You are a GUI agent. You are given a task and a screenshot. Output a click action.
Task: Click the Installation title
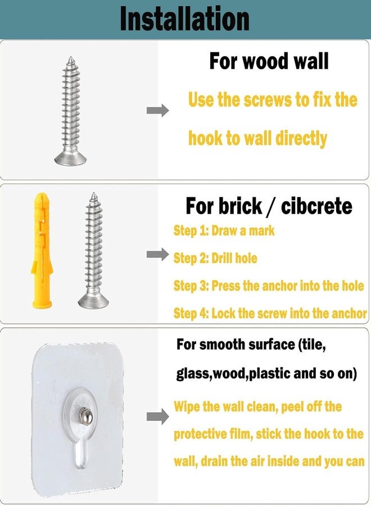(184, 19)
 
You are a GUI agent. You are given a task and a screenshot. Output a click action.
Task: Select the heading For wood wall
(269, 61)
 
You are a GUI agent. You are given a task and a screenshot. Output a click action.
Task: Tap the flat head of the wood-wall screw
(71, 159)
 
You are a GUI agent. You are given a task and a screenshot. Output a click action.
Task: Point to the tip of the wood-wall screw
(71, 58)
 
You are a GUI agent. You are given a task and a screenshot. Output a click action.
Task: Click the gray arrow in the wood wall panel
(158, 110)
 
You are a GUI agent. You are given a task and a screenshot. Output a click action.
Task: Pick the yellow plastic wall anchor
(42, 250)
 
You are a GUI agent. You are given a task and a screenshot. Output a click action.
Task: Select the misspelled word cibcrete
(316, 206)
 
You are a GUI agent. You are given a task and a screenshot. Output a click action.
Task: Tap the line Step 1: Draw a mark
(224, 231)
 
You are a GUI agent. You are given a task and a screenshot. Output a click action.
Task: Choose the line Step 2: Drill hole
(215, 258)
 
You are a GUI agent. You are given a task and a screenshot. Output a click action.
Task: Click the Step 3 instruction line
(268, 286)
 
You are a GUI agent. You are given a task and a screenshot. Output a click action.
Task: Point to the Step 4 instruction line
(270, 313)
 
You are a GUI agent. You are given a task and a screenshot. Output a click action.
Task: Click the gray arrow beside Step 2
(158, 254)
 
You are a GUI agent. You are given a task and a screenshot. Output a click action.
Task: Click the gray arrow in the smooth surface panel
(158, 417)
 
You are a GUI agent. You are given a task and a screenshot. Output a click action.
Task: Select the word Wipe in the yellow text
(187, 406)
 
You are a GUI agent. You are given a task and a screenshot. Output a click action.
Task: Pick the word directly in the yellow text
(301, 139)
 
